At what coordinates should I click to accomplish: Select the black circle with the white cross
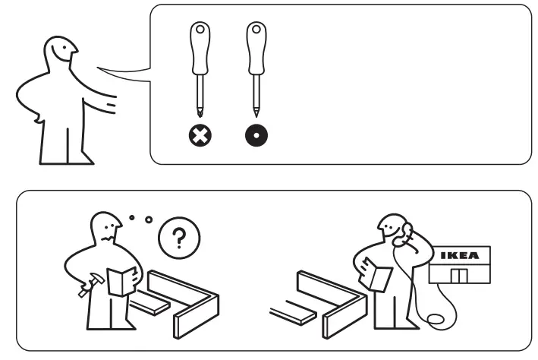(200, 137)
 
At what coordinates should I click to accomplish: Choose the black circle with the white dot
(256, 137)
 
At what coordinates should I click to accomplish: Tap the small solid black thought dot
(132, 218)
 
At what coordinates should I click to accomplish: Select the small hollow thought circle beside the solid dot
(149, 220)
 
